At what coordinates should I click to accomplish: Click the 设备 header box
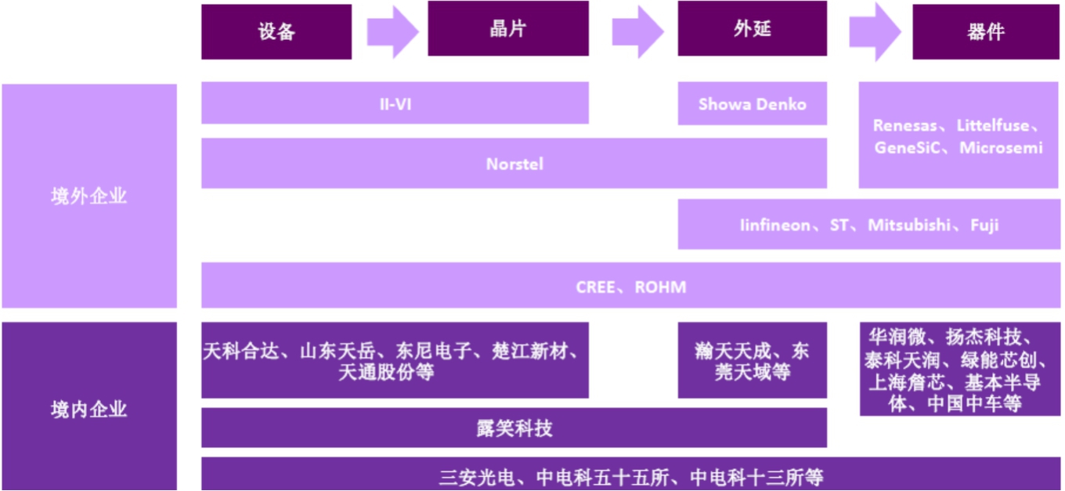click(x=276, y=32)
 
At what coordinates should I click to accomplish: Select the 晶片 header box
click(x=507, y=29)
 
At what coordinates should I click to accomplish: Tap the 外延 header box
click(x=752, y=29)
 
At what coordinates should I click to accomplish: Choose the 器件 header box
click(x=985, y=32)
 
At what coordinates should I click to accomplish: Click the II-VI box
click(x=395, y=103)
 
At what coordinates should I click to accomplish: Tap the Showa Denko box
click(x=752, y=103)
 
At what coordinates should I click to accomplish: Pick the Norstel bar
click(x=514, y=164)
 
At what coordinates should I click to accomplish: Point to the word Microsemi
click(x=1001, y=147)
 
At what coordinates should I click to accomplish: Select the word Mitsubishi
click(x=908, y=226)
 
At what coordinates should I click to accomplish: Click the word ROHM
click(x=660, y=287)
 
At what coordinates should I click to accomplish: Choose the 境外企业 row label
click(x=88, y=197)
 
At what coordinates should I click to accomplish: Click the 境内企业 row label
click(x=88, y=409)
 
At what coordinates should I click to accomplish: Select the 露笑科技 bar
click(x=514, y=428)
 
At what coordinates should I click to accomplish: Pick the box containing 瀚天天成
click(x=752, y=360)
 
